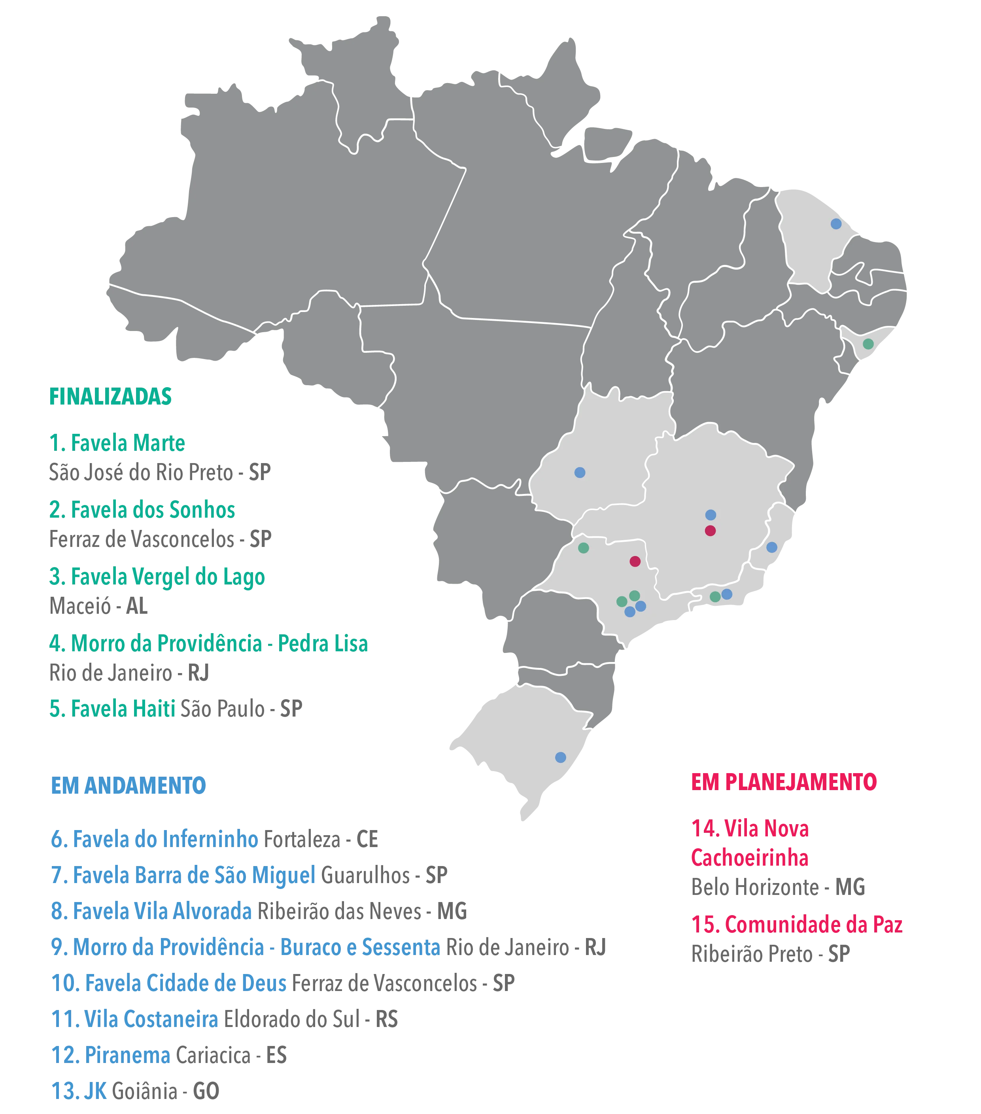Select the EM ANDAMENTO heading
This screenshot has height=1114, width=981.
tap(128, 785)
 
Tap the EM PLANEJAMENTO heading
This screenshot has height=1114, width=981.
tap(783, 782)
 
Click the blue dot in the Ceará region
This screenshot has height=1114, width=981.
tap(836, 224)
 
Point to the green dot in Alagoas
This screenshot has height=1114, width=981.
tap(868, 344)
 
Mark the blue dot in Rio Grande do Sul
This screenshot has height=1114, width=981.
tap(560, 757)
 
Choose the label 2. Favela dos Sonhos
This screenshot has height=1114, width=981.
tap(142, 510)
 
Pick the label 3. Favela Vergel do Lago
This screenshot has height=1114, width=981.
tap(157, 577)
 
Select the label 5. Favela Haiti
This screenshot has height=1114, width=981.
tap(112, 709)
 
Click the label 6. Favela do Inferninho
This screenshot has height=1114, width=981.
tap(154, 839)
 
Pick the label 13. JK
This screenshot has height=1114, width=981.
tap(79, 1091)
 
